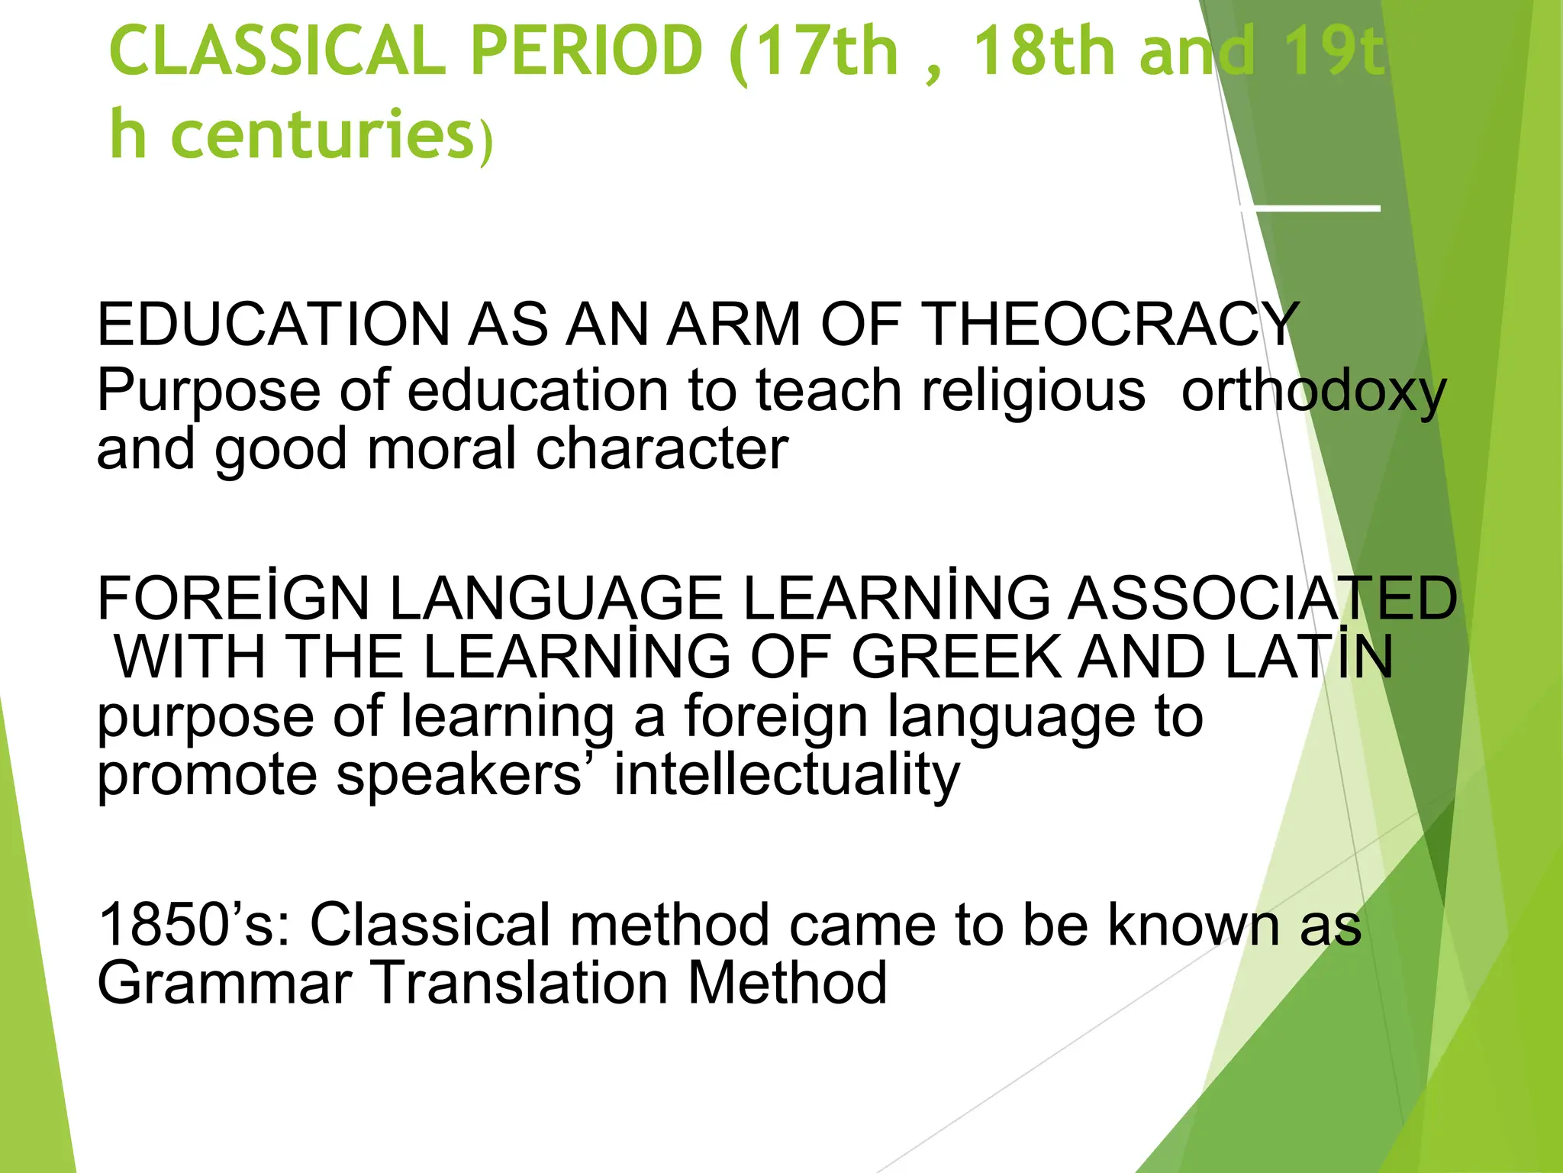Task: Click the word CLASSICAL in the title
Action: [x=277, y=51]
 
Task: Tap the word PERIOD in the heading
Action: [x=585, y=51]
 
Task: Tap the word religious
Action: [x=1033, y=391]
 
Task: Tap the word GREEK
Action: [x=956, y=656]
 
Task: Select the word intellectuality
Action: [x=787, y=775]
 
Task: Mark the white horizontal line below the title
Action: [x=1310, y=208]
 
